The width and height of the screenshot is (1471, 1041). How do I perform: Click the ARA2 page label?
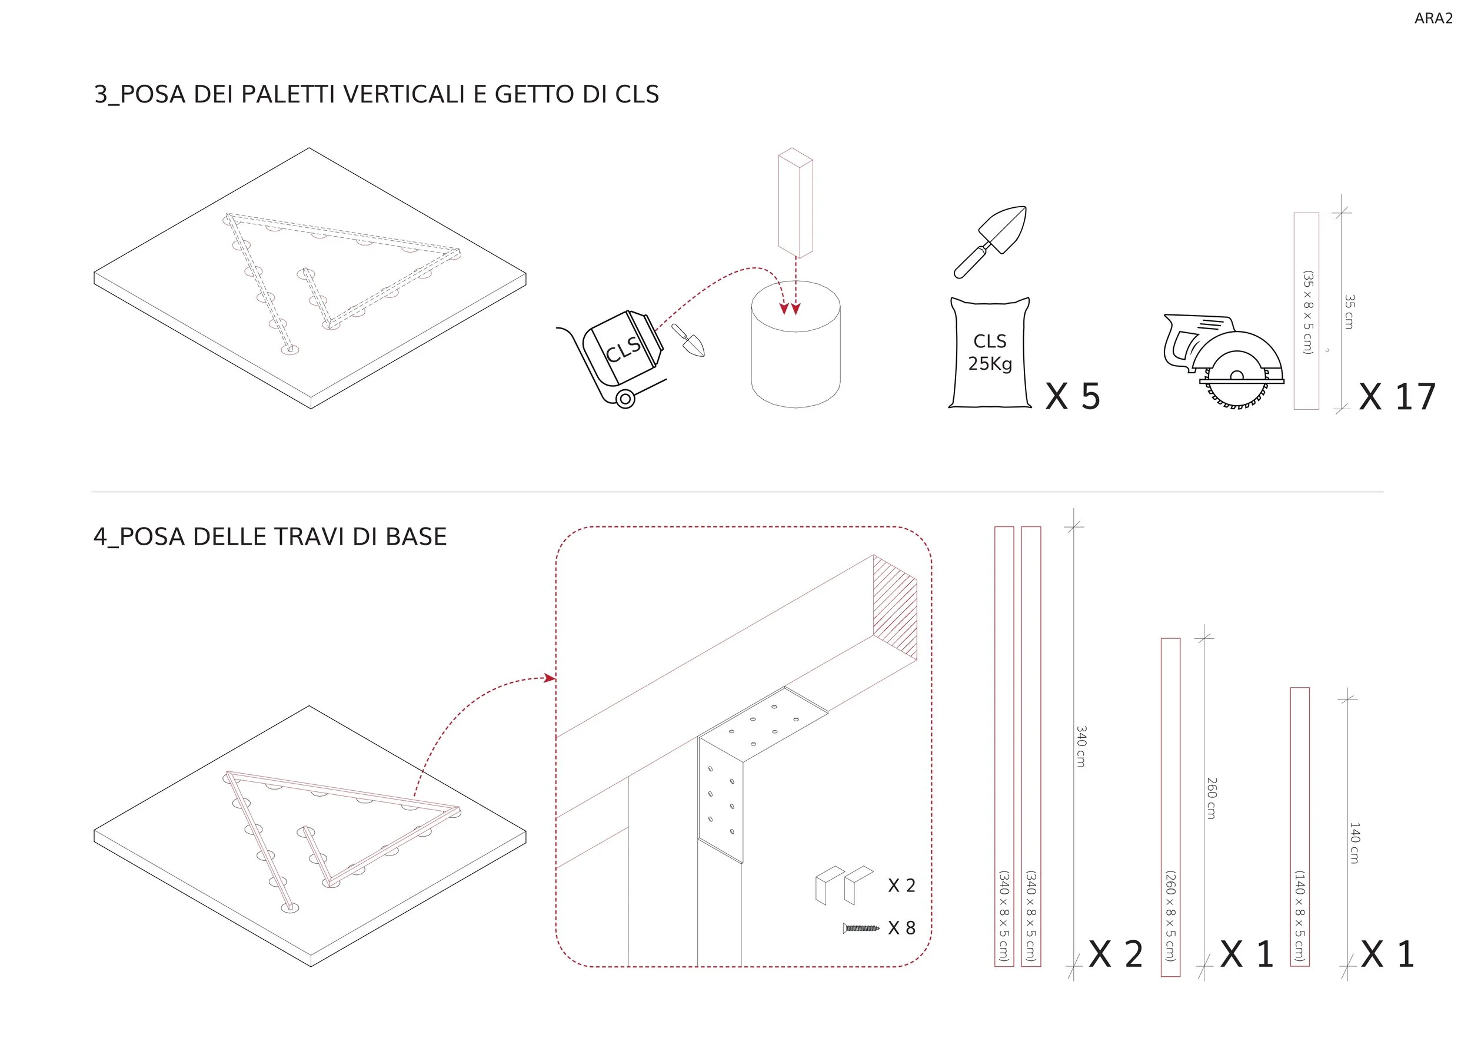click(1433, 19)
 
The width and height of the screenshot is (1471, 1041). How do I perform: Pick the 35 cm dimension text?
click(1349, 311)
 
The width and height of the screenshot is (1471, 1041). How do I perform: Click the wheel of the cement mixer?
click(625, 399)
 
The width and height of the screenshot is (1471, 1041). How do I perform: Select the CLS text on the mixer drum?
click(623, 349)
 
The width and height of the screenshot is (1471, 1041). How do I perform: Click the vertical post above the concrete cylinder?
click(796, 203)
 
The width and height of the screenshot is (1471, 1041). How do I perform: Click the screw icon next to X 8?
click(861, 927)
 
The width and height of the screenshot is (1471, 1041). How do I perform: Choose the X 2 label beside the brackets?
click(901, 885)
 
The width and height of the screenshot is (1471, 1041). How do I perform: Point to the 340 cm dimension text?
click(1081, 746)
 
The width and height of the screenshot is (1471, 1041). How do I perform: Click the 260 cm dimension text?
click(1211, 797)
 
